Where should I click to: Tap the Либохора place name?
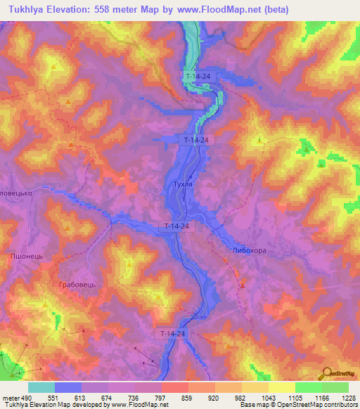pos(249,250)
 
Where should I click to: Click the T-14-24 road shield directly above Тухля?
pos(196,140)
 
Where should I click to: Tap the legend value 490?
pos(22,397)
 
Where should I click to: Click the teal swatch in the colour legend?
pos(41,387)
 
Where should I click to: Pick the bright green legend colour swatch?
pos(308,387)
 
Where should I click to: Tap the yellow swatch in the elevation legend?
pos(281,387)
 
